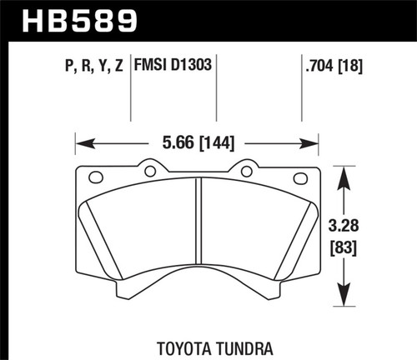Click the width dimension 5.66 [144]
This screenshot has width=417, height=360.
(x=198, y=142)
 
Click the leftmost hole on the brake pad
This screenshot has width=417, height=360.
(x=95, y=177)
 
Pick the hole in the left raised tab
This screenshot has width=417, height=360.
(x=150, y=172)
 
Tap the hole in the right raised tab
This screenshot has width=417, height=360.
(x=247, y=172)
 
